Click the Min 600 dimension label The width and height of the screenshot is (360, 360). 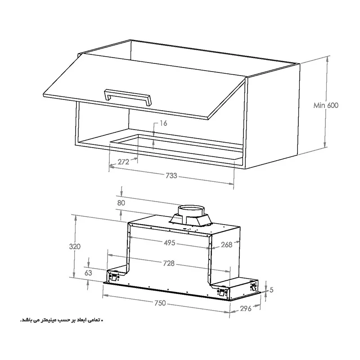click(x=326, y=105)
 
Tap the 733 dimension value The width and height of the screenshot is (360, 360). click(x=171, y=175)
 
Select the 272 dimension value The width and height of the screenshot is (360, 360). click(x=123, y=162)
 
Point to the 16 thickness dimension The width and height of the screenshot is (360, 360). click(x=163, y=123)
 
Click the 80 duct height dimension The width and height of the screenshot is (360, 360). click(x=121, y=203)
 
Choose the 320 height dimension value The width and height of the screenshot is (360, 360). click(x=75, y=246)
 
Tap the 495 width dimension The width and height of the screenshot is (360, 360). click(x=170, y=243)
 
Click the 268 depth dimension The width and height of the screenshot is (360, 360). click(x=227, y=245)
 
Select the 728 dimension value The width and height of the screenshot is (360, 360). click(x=169, y=263)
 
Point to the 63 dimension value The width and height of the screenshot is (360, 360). click(x=88, y=273)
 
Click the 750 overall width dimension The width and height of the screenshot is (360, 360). click(x=160, y=303)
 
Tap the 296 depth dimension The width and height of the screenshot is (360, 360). click(x=246, y=309)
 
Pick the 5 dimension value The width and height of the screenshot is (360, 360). click(x=271, y=290)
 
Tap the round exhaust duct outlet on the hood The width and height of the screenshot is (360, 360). click(x=191, y=211)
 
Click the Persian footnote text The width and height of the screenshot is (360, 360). click(x=62, y=320)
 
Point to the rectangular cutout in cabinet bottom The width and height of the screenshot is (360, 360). click(x=176, y=146)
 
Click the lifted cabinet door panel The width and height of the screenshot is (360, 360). click(x=144, y=87)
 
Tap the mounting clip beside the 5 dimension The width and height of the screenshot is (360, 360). click(x=253, y=287)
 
